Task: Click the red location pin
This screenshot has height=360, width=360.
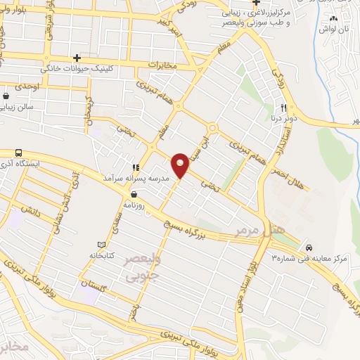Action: pyautogui.click(x=181, y=165)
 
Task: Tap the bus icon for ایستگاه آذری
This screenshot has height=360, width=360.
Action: pyautogui.click(x=18, y=153)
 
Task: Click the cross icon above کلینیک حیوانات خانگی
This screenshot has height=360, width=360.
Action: pyautogui.click(x=77, y=58)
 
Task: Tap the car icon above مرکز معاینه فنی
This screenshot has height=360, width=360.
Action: pyautogui.click(x=309, y=247)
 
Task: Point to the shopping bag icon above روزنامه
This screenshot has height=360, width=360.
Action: pyautogui.click(x=134, y=195)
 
